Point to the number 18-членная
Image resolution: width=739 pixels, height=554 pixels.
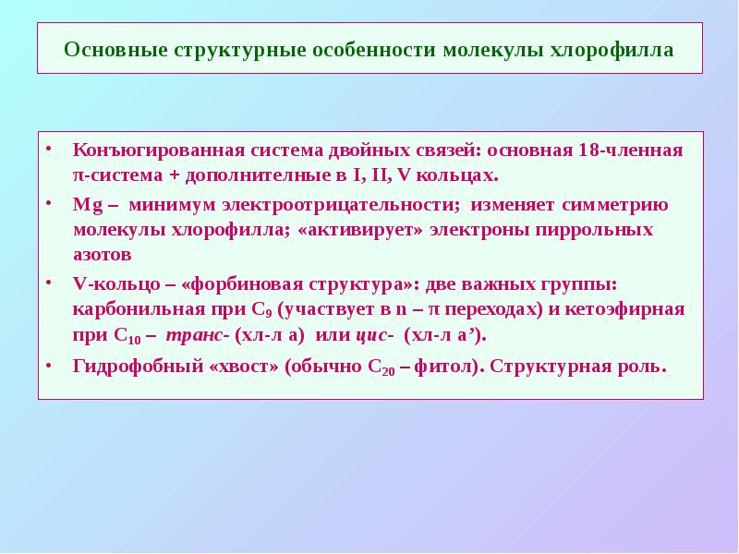[637, 150]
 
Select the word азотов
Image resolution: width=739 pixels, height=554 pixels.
[102, 253]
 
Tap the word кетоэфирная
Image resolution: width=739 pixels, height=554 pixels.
[631, 309]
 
